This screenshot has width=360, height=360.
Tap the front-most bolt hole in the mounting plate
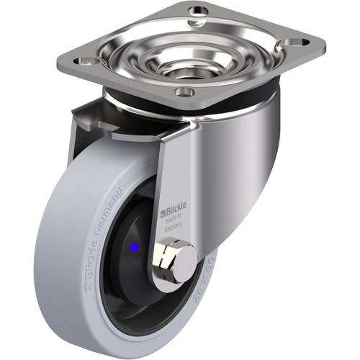[185, 91]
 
